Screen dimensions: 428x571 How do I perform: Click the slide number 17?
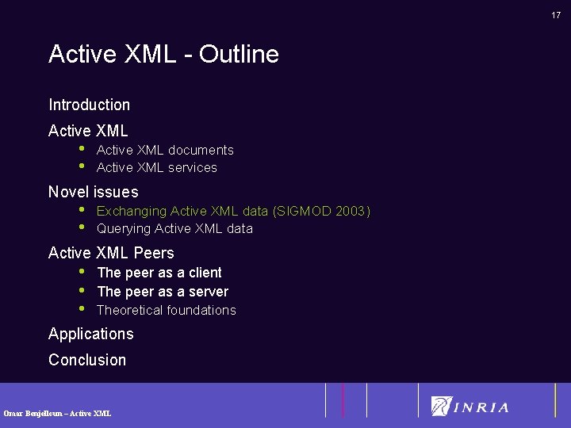coord(556,14)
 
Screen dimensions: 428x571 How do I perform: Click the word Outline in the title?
coord(239,54)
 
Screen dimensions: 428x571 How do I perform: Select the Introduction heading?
coord(89,105)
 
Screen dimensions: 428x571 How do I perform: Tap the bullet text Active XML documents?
coord(165,150)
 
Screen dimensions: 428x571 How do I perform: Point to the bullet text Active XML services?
coord(156,167)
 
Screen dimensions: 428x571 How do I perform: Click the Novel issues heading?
coord(93,192)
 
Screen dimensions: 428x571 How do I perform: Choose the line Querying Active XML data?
coord(174,228)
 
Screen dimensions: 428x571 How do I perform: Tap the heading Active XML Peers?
coord(111,253)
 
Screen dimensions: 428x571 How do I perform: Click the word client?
coord(205,273)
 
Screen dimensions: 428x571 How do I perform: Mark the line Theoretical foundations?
coord(166,310)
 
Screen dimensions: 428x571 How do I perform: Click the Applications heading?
coord(90,334)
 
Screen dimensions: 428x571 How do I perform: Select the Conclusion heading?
coord(87,360)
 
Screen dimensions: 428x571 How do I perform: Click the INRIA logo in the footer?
coord(470,407)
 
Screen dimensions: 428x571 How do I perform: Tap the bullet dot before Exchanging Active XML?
coord(81,209)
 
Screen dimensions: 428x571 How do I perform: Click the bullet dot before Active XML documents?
coord(81,148)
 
